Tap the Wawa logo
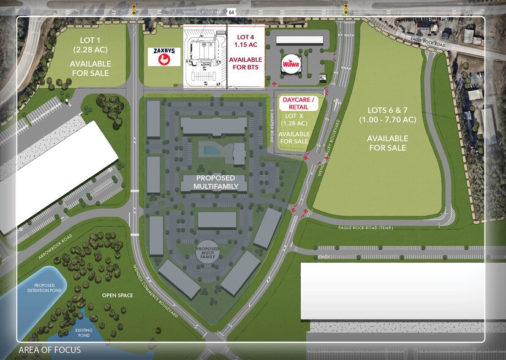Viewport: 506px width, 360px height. pos(290,64)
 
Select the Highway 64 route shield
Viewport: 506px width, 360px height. pos(231,11)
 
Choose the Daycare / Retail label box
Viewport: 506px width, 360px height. pos(298,103)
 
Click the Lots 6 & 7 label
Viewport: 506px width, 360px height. pos(388,114)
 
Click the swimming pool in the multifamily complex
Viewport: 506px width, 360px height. pos(211,150)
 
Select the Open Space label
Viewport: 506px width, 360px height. pos(117,296)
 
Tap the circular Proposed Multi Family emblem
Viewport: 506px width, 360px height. pos(207,251)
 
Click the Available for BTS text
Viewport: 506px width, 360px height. pos(246,64)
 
